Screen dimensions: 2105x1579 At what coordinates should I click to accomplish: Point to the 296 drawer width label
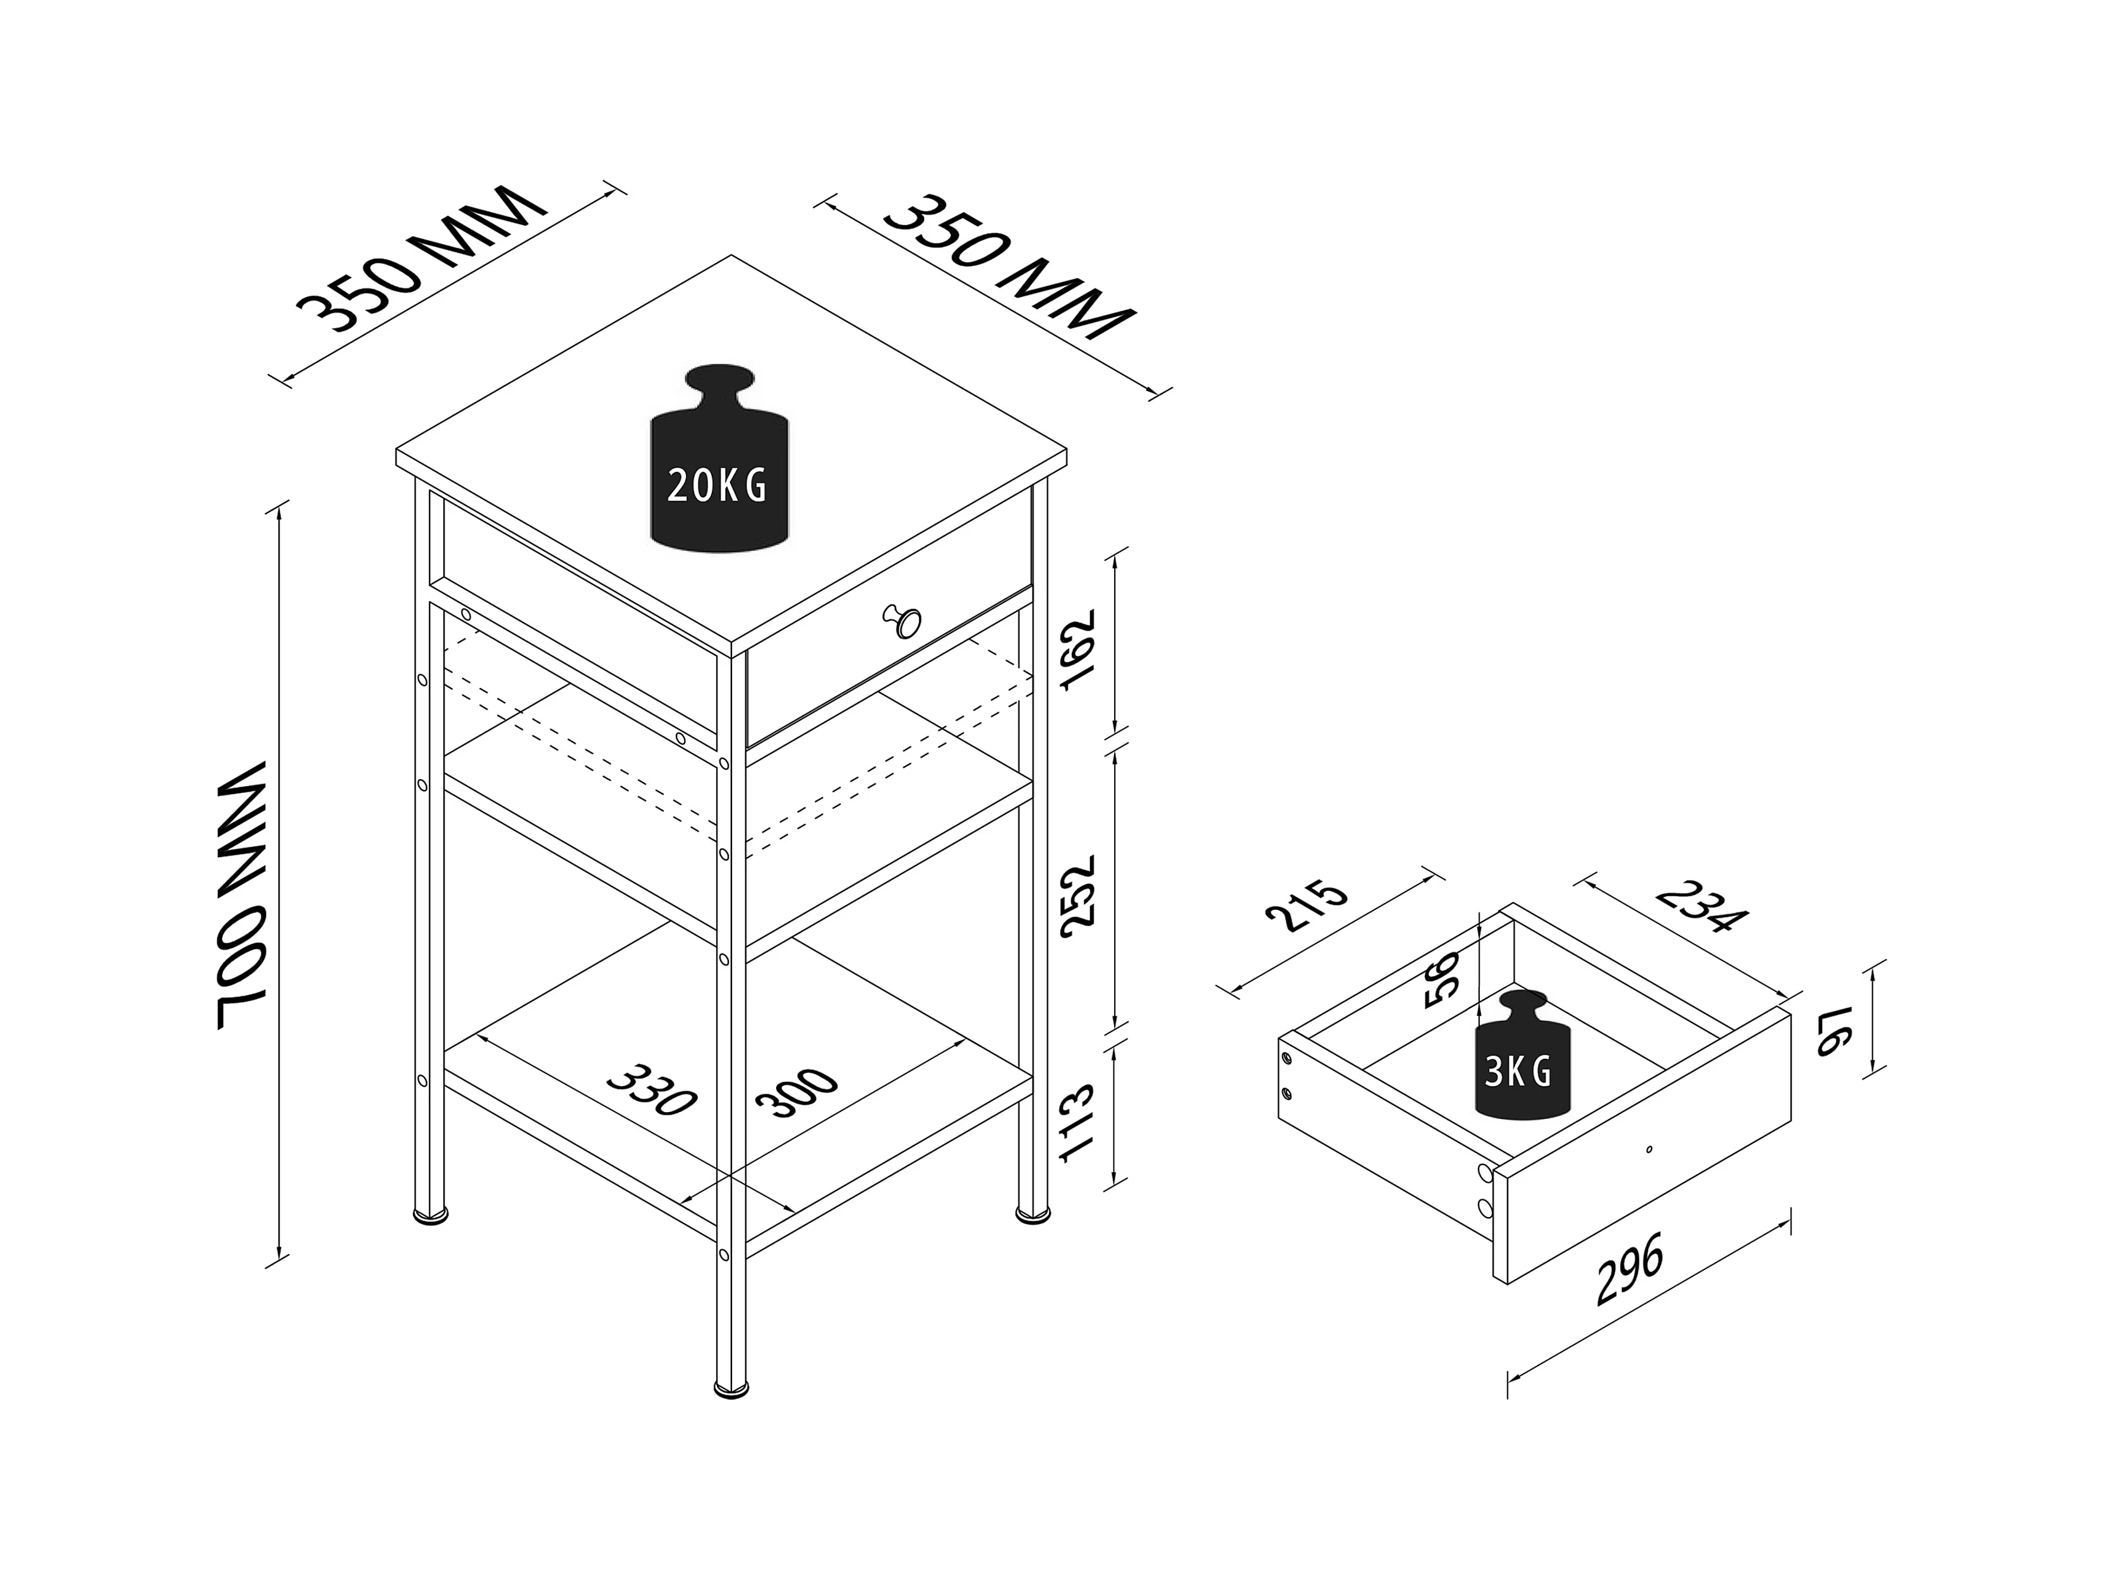click(x=1630, y=1267)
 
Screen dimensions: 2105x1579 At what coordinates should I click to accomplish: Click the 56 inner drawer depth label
click(x=1442, y=979)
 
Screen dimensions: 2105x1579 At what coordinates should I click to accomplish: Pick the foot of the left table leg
click(x=430, y=1216)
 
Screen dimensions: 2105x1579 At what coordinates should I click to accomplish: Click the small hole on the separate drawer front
click(x=1649, y=1149)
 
